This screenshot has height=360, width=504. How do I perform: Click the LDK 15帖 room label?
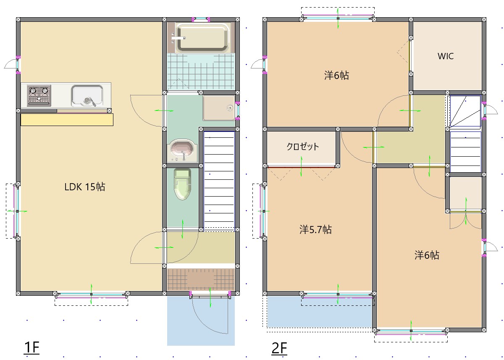85,187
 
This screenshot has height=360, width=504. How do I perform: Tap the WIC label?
446,56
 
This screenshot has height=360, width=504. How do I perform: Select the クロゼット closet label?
303,147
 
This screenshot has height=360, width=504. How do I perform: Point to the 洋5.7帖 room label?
315,229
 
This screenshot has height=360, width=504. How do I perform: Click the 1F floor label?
31,347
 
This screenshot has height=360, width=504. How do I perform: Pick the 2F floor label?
279,348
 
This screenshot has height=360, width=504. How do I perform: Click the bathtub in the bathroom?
202,37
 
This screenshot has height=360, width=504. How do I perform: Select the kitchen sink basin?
87,95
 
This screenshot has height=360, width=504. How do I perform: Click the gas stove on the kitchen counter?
39,95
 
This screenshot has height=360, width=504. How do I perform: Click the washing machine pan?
219,108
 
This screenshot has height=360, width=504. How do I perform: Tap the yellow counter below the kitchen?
67,119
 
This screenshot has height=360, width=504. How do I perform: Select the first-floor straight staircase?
219,180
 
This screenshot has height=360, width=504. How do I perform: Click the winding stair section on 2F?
465,111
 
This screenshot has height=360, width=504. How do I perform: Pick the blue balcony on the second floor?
320,312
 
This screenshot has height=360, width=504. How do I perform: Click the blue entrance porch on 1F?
201,321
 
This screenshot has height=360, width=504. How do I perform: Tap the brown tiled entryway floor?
201,279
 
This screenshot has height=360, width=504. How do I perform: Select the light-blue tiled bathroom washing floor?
201,72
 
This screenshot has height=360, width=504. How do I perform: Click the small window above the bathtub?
201,19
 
